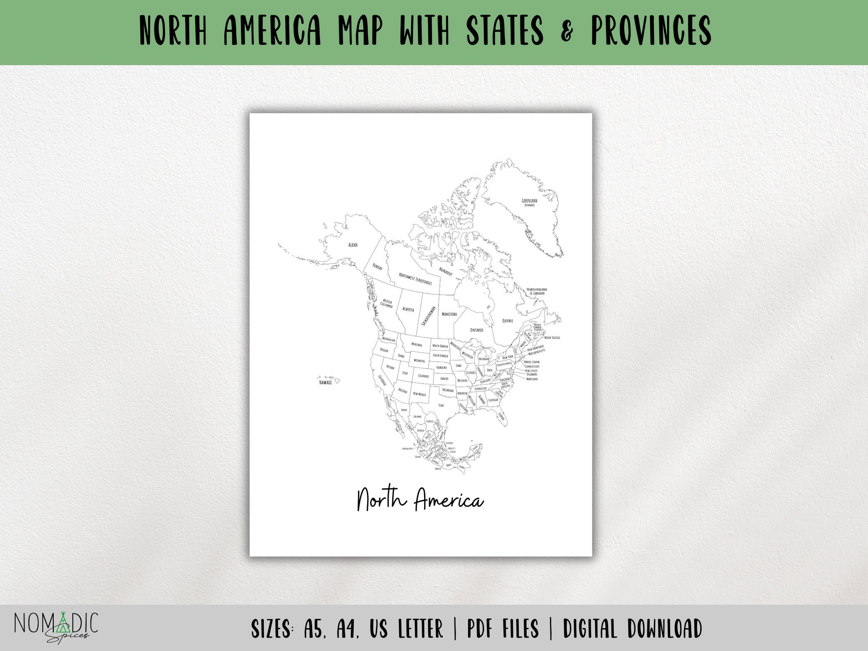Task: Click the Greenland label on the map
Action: coord(529,201)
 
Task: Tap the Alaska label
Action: coord(353,245)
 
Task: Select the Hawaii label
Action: coord(325,382)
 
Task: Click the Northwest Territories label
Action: coord(415,279)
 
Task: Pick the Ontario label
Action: coord(477,330)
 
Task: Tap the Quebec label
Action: coord(508,321)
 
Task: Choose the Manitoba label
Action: coord(449,314)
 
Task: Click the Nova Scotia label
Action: coord(552,338)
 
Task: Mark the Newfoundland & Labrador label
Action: coord(537,291)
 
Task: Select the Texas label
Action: coord(441,405)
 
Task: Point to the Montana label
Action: coord(417,345)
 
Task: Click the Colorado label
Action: coord(423,376)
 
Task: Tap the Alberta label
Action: coord(408,309)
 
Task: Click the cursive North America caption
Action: coord(420,500)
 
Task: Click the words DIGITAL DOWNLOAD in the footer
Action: coord(632,629)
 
